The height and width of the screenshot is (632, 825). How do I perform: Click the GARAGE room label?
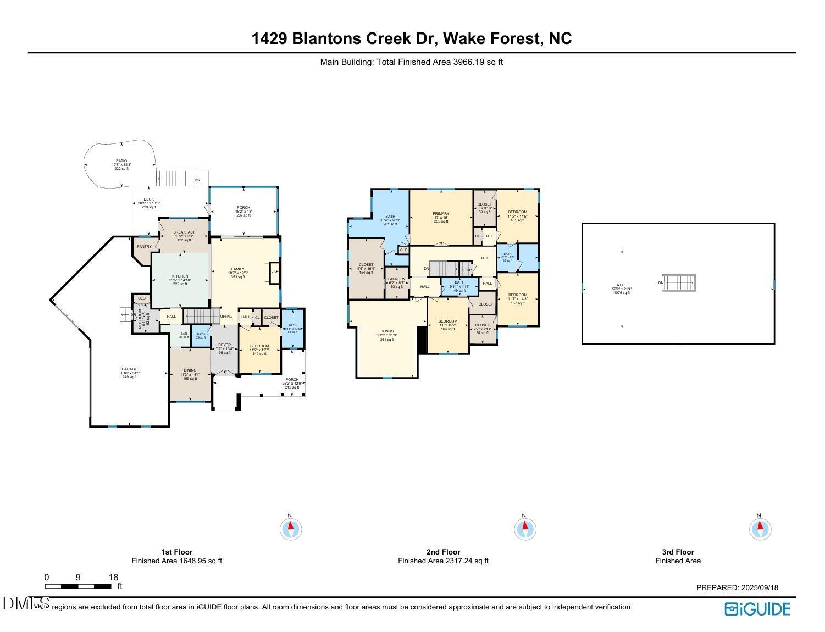click(129, 369)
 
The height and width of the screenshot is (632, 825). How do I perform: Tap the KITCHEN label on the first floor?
click(180, 276)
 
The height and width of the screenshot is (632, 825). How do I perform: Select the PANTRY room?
click(144, 247)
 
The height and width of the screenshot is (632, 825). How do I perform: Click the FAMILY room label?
click(237, 269)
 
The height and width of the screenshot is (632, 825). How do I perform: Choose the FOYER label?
click(224, 345)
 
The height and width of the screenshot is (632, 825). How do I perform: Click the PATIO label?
click(121, 161)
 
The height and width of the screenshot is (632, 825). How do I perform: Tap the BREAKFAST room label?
click(184, 232)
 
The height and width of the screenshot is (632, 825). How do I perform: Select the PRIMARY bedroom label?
click(441, 214)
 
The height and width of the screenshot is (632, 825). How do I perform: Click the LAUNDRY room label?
click(396, 279)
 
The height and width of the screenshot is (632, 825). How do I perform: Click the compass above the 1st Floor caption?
click(291, 529)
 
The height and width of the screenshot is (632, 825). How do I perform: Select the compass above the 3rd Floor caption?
click(760, 529)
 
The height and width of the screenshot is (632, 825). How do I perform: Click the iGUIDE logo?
click(757, 609)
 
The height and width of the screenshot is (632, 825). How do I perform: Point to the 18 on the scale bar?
click(113, 578)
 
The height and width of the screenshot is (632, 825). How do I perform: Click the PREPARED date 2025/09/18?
click(737, 587)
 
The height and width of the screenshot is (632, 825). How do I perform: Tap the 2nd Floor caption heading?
click(443, 552)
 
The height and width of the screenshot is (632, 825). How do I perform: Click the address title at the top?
click(412, 38)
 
